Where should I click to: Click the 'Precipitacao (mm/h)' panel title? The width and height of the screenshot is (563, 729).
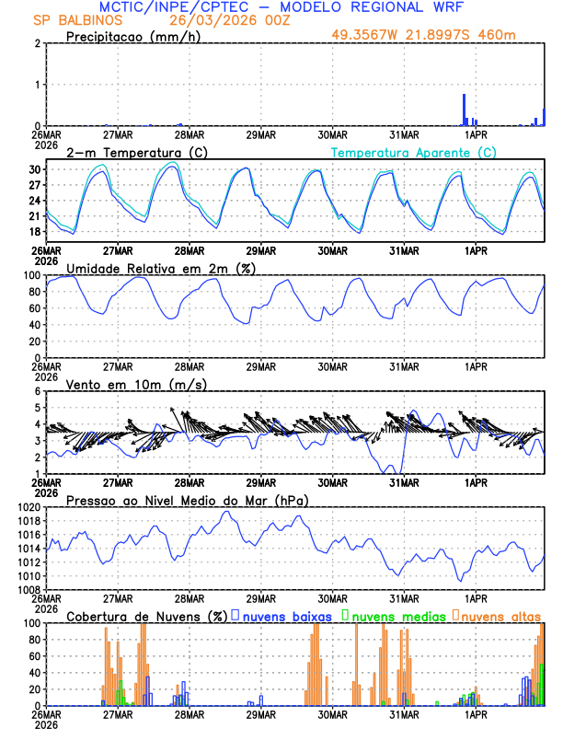134,37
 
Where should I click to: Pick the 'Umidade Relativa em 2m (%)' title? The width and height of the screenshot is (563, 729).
161,268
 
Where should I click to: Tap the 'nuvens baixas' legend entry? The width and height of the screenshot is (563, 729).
277,615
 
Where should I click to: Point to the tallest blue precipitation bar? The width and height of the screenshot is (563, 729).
464,109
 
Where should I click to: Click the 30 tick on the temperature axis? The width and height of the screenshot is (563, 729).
37,170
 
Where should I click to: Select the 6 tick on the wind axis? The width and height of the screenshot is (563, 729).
40,391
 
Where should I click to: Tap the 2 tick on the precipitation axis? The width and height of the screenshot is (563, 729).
40,43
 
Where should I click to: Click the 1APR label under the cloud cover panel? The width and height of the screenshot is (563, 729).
476,714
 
